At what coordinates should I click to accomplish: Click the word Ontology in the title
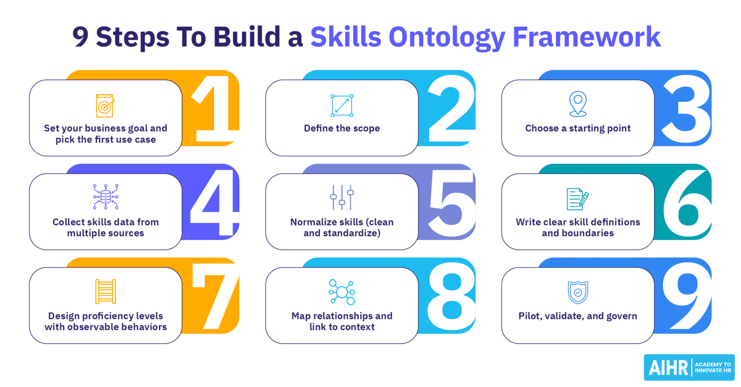[x=447, y=37]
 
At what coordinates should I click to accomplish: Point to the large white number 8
[x=451, y=296]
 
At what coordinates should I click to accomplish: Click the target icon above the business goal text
[x=105, y=106]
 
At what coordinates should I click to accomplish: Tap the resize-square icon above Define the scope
[x=342, y=106]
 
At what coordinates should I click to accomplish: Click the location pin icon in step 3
[x=578, y=104]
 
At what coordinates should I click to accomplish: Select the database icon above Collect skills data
[x=106, y=197]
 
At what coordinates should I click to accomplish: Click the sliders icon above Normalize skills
[x=342, y=197]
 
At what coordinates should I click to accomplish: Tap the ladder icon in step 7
[x=106, y=291]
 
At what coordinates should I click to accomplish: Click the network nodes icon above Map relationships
[x=342, y=292]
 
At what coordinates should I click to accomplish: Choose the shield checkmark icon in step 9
[x=578, y=292]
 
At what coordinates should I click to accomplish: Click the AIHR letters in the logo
[x=668, y=368]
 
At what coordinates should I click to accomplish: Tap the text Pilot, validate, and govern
[x=578, y=316]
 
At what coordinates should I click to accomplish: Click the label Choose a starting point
[x=578, y=128]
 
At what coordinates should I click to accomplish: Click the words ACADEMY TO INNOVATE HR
[x=713, y=367]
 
